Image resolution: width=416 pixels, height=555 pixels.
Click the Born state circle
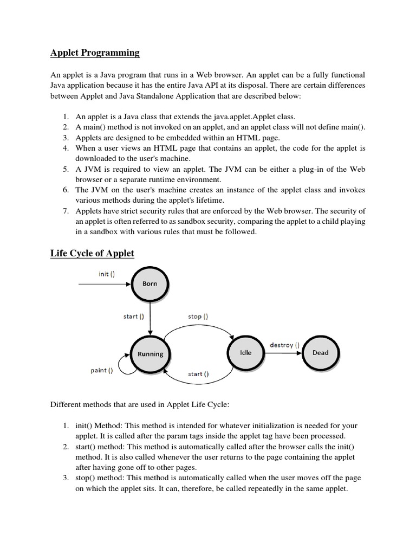[x=150, y=283]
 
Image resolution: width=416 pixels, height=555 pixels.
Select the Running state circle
[x=150, y=354]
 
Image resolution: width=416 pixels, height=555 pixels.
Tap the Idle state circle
[x=246, y=352]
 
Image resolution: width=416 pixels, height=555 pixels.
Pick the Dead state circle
[x=320, y=352]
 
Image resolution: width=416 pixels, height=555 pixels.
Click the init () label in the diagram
[x=107, y=274]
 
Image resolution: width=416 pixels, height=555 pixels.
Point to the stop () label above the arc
[x=198, y=316]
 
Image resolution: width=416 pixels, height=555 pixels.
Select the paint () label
[x=101, y=371]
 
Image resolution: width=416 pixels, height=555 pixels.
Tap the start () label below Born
[x=134, y=316]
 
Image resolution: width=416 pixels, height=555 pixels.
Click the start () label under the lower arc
[x=198, y=374]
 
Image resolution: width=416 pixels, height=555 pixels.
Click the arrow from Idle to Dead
[x=284, y=353]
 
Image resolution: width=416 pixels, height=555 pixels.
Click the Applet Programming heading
[x=95, y=53]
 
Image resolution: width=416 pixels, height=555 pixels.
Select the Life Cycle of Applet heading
[x=92, y=253]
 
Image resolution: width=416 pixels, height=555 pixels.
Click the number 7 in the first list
[x=65, y=211]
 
